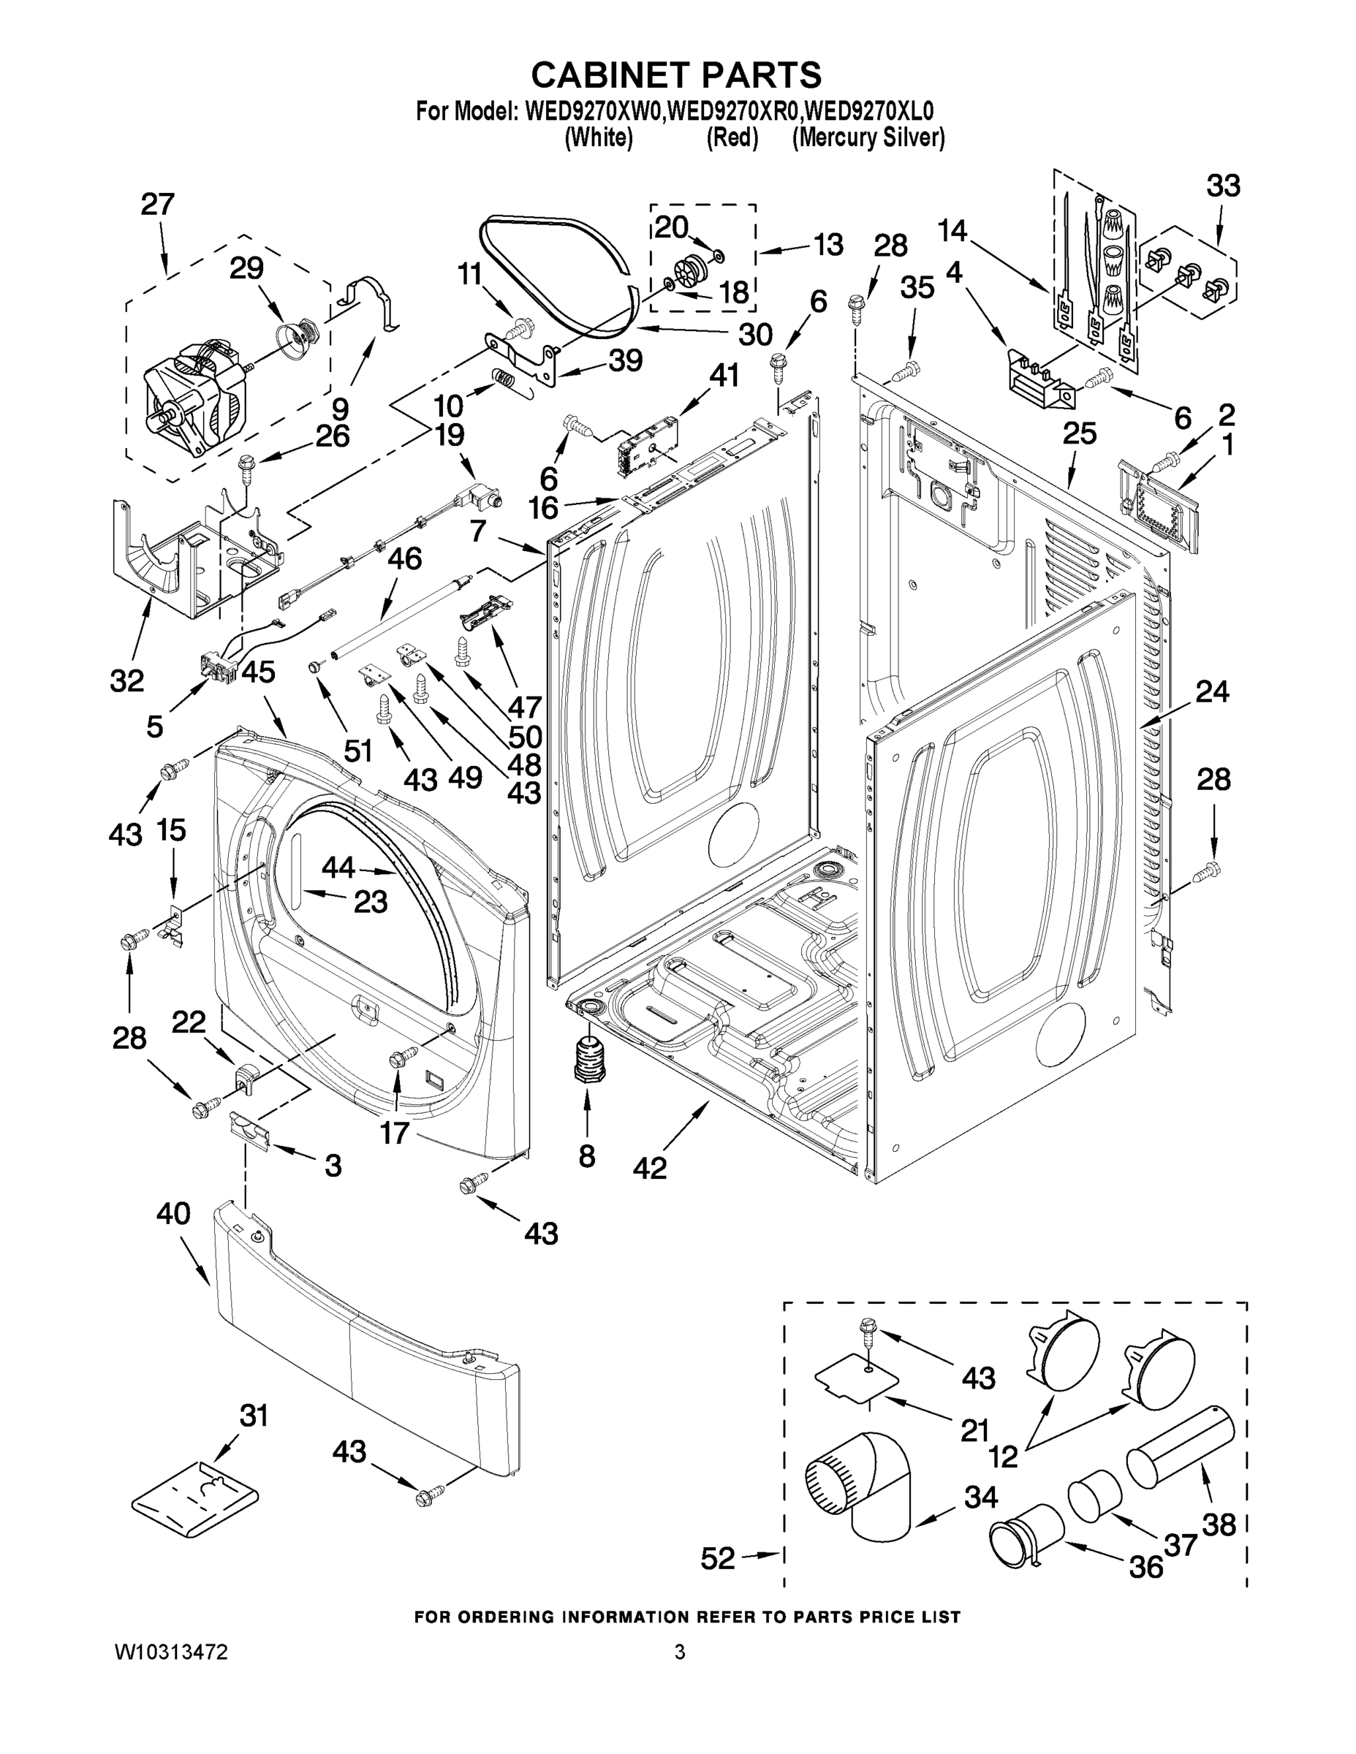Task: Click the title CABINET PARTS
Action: tap(676, 75)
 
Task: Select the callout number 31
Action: tap(254, 1415)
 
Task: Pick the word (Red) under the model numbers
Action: tap(732, 138)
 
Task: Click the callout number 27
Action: tap(157, 205)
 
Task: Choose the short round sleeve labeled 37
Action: tap(1094, 1495)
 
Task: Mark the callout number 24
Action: tap(1212, 691)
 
